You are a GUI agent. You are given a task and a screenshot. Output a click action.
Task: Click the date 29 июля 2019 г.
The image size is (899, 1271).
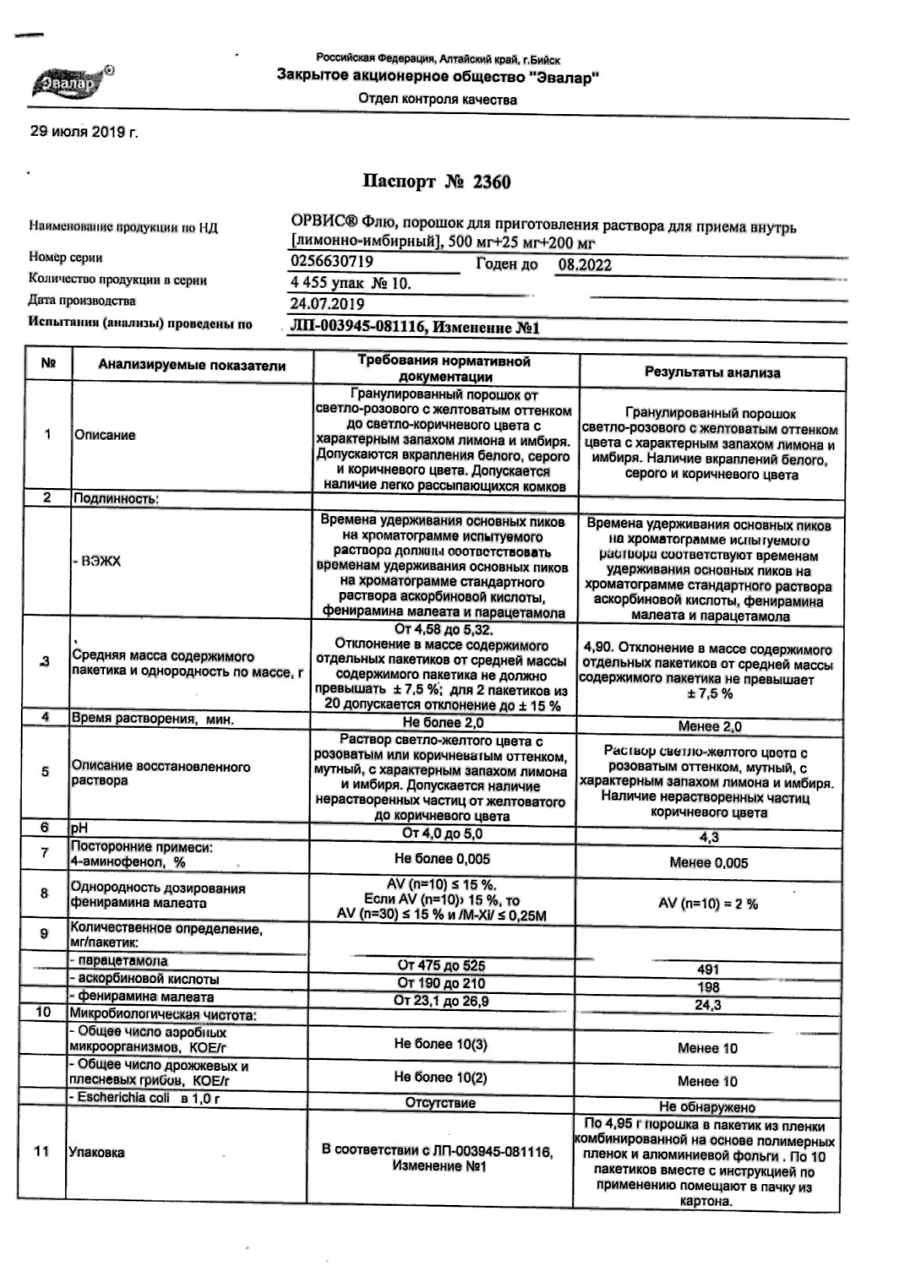(x=84, y=133)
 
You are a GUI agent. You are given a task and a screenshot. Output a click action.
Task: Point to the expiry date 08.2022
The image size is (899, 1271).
(x=585, y=265)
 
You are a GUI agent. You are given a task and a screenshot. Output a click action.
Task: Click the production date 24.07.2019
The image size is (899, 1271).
(x=327, y=304)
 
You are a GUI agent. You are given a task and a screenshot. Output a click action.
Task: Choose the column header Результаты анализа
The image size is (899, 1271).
(x=712, y=372)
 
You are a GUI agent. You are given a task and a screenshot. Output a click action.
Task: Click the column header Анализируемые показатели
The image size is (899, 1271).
(x=192, y=365)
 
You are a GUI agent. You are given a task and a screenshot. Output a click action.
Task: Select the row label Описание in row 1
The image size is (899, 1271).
(x=105, y=435)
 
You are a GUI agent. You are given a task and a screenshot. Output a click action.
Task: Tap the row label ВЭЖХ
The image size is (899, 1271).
(x=98, y=561)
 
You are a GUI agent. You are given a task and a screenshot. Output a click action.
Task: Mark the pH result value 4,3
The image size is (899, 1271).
(x=709, y=837)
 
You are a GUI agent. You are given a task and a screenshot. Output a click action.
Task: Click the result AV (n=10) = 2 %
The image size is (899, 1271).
(x=708, y=904)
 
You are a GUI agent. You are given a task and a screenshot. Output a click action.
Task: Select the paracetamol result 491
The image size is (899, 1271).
(x=708, y=969)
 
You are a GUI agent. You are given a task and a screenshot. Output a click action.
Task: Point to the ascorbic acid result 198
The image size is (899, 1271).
(x=708, y=987)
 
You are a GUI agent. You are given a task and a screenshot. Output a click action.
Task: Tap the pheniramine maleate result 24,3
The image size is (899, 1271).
(x=708, y=1005)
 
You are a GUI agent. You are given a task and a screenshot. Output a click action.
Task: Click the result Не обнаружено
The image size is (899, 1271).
(x=707, y=1107)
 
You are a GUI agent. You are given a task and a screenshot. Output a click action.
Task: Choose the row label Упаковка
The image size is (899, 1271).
(x=96, y=1153)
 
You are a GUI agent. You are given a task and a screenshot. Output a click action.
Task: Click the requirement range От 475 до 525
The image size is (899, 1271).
(x=441, y=966)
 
